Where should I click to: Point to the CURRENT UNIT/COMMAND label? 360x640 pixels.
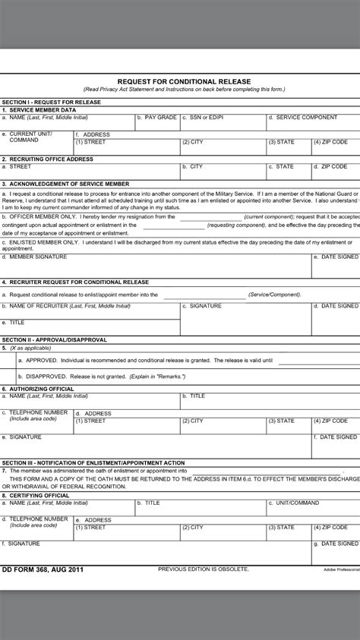30,137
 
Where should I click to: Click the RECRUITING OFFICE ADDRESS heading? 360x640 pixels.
49,159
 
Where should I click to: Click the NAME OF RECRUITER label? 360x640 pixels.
56,305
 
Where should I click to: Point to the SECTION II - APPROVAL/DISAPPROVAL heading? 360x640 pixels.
55,339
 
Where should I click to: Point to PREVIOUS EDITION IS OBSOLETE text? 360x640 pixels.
198,569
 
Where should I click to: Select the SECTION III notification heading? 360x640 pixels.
93,462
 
